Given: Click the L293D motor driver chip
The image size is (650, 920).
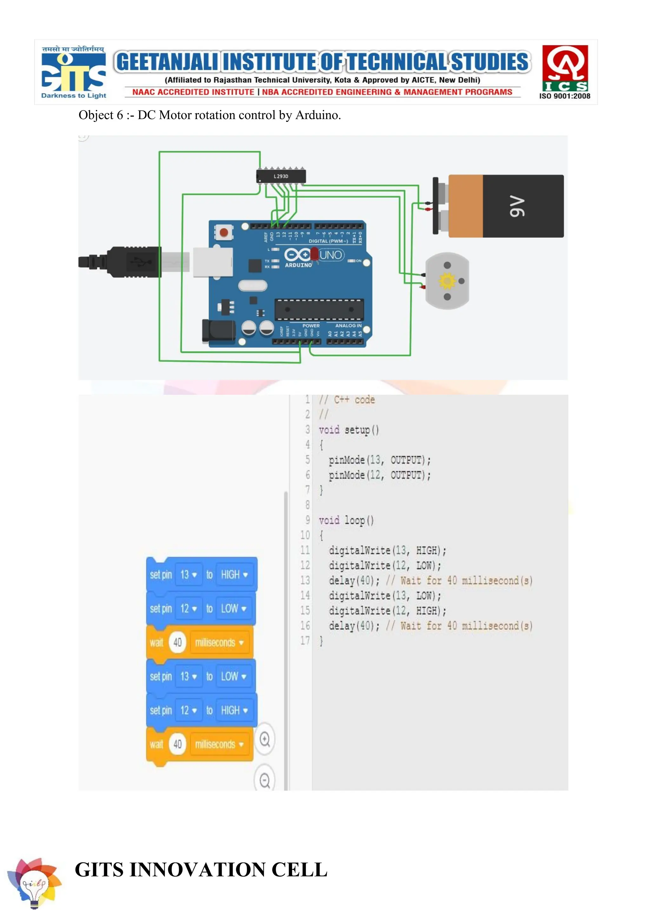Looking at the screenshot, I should (x=281, y=176).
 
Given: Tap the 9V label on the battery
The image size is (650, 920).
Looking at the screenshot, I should (x=517, y=206).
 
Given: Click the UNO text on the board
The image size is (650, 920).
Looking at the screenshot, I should (x=331, y=255).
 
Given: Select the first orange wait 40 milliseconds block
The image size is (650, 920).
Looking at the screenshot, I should (x=200, y=643).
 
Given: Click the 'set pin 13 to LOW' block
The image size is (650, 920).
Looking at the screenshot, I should (x=201, y=676).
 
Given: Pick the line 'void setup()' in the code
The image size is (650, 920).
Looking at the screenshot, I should (x=348, y=430).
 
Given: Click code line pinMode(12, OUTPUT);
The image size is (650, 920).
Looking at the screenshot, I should (x=380, y=475).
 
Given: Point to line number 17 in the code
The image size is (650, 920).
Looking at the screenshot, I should (x=305, y=641).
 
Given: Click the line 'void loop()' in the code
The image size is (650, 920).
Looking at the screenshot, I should (x=346, y=520).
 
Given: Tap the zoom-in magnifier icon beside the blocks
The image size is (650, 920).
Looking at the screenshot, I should (x=265, y=739).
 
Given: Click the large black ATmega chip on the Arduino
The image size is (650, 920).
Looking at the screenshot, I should (x=319, y=309).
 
